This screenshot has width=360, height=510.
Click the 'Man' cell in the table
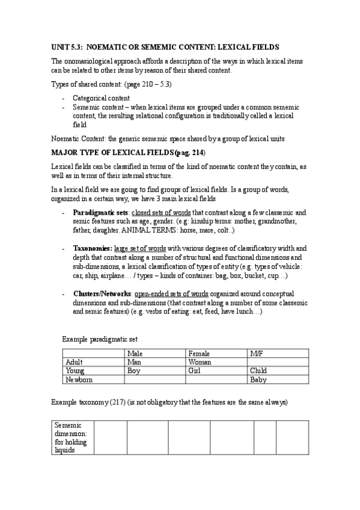135,363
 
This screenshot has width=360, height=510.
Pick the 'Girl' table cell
195,371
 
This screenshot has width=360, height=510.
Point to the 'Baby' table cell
258,380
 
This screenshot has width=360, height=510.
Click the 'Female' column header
200,354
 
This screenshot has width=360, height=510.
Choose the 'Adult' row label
75,363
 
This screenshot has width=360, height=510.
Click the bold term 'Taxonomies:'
93,247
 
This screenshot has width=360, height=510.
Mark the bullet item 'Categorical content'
100,97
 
